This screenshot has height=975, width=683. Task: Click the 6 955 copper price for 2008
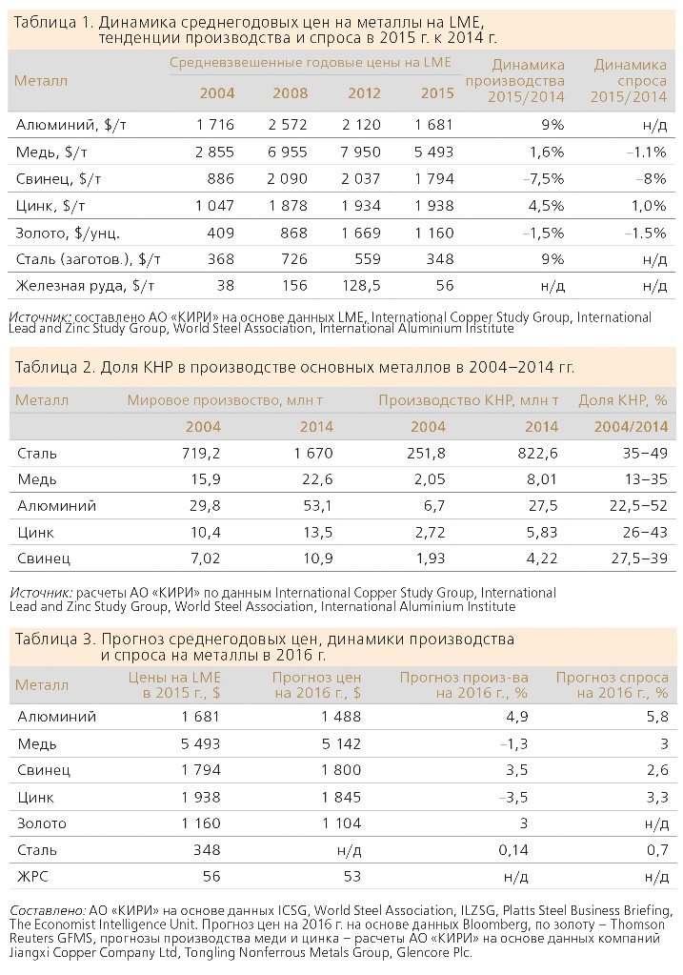click(287, 152)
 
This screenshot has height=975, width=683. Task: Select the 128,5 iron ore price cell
click(361, 286)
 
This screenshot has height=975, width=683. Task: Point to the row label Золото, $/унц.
click(68, 234)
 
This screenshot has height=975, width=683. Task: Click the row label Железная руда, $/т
click(85, 286)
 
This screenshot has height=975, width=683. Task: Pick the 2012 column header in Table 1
click(364, 93)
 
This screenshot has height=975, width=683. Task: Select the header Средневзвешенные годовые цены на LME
click(311, 62)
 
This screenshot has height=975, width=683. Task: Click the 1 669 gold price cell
click(361, 234)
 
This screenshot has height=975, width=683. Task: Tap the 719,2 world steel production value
click(201, 454)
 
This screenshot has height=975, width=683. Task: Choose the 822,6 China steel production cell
click(537, 454)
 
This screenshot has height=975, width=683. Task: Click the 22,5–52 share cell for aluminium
click(638, 505)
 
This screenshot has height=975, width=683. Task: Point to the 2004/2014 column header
click(631, 427)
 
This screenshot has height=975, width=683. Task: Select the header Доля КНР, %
click(623, 400)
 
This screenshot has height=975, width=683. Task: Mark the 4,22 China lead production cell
click(542, 559)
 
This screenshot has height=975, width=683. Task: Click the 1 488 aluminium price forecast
click(341, 717)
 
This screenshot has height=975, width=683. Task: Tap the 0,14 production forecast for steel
click(513, 850)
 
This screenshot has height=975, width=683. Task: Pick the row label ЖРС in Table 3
click(33, 877)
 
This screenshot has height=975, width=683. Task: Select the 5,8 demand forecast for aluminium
click(657, 717)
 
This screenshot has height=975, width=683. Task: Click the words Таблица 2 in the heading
click(54, 367)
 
